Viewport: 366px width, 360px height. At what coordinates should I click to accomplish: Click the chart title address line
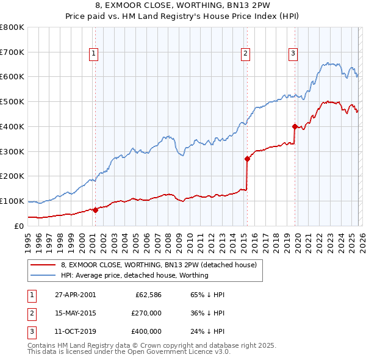[x=183, y=6]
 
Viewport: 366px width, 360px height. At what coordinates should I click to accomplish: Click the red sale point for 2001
[x=95, y=210]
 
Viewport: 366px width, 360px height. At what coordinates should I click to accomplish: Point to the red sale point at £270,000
[x=247, y=159]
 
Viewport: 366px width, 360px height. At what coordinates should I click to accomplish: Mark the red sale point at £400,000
[x=295, y=126]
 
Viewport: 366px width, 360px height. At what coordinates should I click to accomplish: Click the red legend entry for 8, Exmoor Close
[x=161, y=265]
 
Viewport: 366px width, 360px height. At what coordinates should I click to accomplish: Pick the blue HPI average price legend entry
[x=134, y=275]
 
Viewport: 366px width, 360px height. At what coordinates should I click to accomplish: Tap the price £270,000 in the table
[x=146, y=313]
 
